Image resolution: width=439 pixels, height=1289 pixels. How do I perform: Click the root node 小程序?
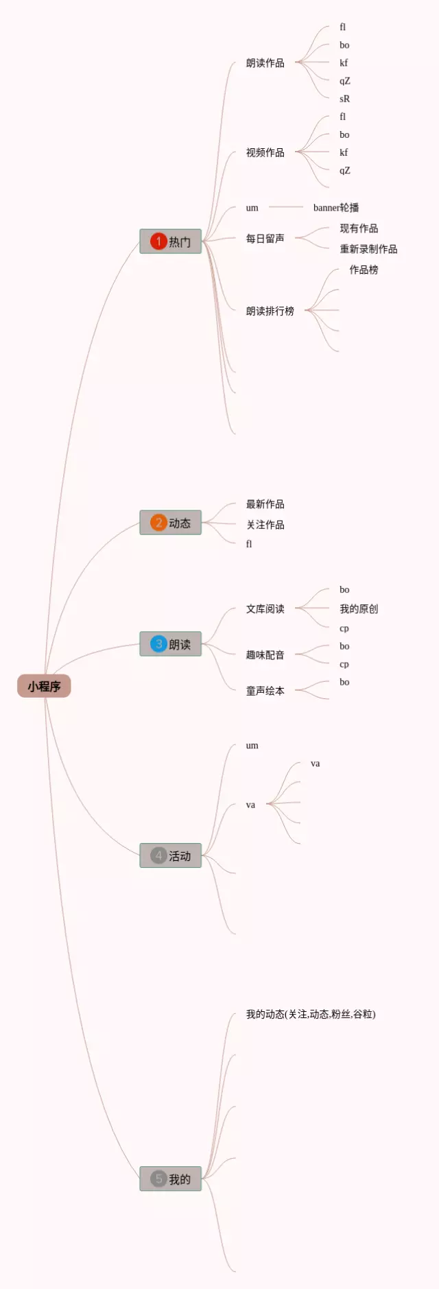pyautogui.click(x=44, y=686)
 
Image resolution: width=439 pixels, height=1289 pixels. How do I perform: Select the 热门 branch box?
pyautogui.click(x=171, y=241)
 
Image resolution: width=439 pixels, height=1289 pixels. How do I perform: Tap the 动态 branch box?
pyautogui.click(x=171, y=523)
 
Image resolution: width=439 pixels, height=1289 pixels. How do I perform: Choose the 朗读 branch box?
pyautogui.click(x=171, y=644)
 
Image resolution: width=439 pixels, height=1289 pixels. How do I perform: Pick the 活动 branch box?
pyautogui.click(x=171, y=855)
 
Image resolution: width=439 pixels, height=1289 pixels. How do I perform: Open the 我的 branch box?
pyautogui.click(x=171, y=1179)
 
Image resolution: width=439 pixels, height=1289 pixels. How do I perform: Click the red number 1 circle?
pyautogui.click(x=158, y=241)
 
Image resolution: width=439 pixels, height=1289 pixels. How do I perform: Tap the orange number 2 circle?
pyautogui.click(x=158, y=523)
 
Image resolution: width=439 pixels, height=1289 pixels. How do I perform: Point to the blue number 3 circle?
pyautogui.click(x=158, y=644)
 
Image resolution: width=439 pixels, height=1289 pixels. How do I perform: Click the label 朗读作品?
pyautogui.click(x=265, y=63)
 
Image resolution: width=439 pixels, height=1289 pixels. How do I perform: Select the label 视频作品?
pyautogui.click(x=265, y=152)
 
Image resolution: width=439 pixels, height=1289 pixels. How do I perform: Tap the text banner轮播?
pyautogui.click(x=336, y=207)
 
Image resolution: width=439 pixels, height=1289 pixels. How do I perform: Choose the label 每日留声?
pyautogui.click(x=265, y=239)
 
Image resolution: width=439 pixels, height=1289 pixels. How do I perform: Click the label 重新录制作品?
pyautogui.click(x=368, y=249)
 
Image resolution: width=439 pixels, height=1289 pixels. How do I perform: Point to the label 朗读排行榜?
pyautogui.click(x=270, y=311)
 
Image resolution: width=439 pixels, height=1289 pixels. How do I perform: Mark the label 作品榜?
pyautogui.click(x=364, y=270)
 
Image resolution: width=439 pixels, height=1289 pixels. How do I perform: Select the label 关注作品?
pyautogui.click(x=265, y=525)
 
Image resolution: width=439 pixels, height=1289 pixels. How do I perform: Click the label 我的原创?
pyautogui.click(x=359, y=608)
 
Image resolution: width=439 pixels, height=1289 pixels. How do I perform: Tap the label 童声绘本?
pyautogui.click(x=265, y=691)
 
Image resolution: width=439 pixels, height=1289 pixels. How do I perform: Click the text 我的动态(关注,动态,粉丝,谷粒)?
pyautogui.click(x=311, y=1014)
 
